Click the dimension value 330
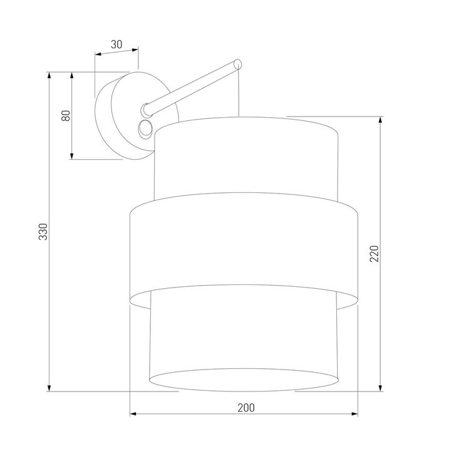click(x=43, y=232)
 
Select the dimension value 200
click(x=246, y=407)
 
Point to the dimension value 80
click(x=65, y=116)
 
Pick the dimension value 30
click(x=116, y=44)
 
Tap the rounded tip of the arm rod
click(x=238, y=63)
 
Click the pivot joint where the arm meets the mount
click(x=147, y=109)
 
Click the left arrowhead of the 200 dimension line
click(x=133, y=415)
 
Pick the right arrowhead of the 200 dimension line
click(x=355, y=415)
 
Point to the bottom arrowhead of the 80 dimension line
click(x=73, y=155)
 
